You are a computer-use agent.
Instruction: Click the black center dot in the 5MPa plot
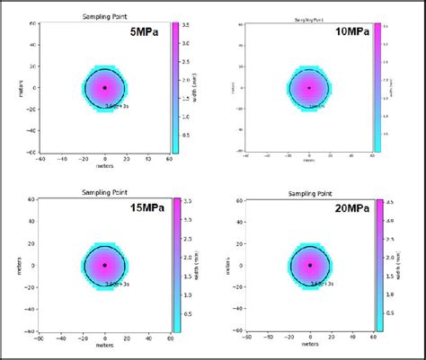(x=104, y=88)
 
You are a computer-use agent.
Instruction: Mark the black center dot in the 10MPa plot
(x=309, y=88)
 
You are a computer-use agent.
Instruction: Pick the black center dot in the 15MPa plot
(x=104, y=265)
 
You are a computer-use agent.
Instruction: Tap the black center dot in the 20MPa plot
(x=310, y=265)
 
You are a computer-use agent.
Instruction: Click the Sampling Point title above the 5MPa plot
(x=104, y=16)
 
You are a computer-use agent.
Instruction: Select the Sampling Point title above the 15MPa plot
(x=104, y=192)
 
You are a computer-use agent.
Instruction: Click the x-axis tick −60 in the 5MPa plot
(x=40, y=162)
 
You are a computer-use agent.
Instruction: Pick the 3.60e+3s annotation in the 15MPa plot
(x=117, y=282)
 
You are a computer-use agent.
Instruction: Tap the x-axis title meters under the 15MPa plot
(x=104, y=348)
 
